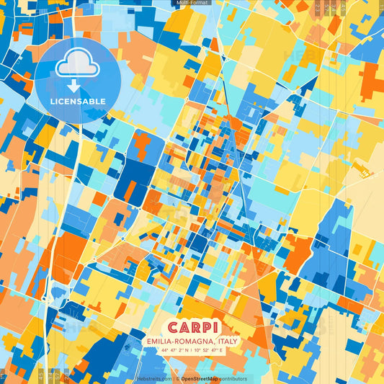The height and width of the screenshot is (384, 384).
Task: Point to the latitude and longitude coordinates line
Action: pos(192,351)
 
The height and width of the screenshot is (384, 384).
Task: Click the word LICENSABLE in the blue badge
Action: pos(77,102)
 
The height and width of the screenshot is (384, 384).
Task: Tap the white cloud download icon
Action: pos(77,67)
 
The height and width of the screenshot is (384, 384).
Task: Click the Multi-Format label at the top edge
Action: pos(191,3)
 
